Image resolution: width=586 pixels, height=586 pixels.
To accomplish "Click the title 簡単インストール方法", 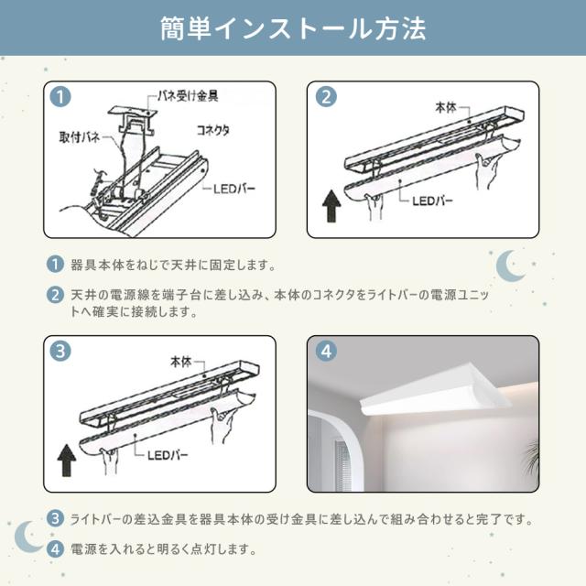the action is click(x=293, y=28).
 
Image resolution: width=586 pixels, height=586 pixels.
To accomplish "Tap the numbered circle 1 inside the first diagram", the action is click(x=60, y=97).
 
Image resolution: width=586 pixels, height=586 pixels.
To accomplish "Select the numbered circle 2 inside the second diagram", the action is click(x=326, y=97).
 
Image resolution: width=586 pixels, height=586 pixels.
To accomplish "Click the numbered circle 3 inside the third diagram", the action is click(x=60, y=352).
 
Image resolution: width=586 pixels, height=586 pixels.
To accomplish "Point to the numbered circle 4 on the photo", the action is click(x=326, y=352).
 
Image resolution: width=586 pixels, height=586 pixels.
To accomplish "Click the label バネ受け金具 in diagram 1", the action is click(x=187, y=96).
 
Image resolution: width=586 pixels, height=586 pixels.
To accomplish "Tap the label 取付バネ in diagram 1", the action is click(x=80, y=137).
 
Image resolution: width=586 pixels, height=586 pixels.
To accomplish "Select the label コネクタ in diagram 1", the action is click(x=213, y=130).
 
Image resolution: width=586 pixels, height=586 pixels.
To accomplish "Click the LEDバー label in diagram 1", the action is click(x=234, y=189).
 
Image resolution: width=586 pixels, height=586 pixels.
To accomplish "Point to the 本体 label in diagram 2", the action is click(x=446, y=108).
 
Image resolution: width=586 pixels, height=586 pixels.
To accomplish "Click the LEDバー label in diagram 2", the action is click(x=432, y=201).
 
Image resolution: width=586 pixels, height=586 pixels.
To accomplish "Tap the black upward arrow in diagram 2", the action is click(x=331, y=206).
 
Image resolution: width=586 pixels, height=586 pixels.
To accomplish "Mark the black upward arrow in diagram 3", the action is click(x=67, y=460).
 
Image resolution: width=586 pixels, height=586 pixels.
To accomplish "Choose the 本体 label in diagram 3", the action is click(x=181, y=362).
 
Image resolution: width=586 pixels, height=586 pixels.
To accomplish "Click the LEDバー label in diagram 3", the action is click(x=168, y=455).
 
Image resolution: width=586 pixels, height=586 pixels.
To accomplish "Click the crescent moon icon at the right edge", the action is click(x=510, y=266).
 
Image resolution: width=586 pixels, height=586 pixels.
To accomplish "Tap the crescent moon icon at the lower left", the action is click(x=28, y=537).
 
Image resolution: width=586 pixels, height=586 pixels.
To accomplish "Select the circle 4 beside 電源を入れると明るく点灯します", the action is click(x=55, y=549).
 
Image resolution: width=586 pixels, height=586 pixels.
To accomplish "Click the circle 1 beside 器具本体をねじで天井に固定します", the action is click(x=55, y=265).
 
